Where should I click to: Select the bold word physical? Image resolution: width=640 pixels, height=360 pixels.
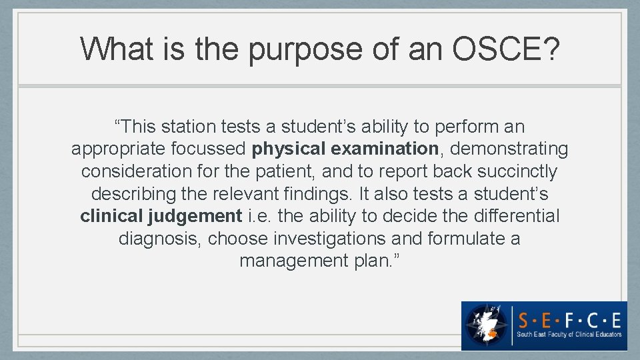click(289, 149)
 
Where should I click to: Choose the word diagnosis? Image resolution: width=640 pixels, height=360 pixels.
click(157, 239)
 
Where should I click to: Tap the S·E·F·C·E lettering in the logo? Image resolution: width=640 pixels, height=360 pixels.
click(570, 317)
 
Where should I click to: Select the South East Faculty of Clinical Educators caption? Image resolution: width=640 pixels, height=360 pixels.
click(570, 335)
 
